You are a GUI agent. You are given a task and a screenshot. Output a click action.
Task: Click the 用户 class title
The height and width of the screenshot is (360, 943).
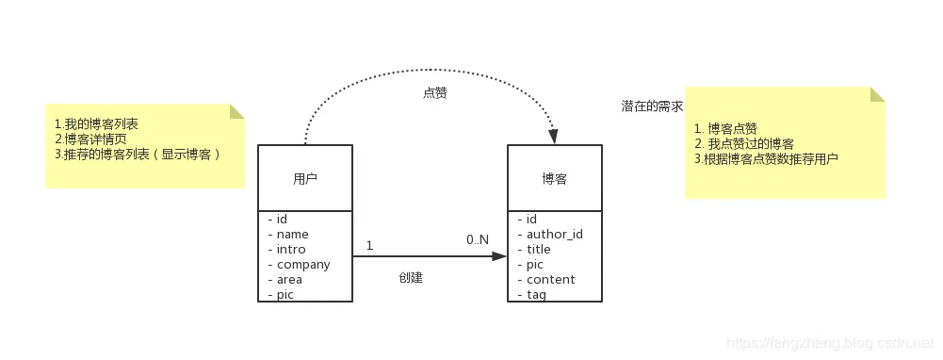pos(304,178)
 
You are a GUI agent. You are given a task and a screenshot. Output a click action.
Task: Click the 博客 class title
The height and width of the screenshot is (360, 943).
pos(554,178)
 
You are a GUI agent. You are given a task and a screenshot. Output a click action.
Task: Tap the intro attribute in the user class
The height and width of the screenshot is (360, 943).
pos(292,250)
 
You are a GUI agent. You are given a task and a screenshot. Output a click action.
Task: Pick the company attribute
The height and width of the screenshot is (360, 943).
pos(302,265)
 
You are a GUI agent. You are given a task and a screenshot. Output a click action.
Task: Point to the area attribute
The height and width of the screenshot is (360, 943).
pos(289,280)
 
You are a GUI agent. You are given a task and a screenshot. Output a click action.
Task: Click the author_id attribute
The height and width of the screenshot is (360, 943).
pos(554,235)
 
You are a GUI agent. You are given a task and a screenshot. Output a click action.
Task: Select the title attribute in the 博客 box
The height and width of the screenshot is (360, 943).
pos(538,250)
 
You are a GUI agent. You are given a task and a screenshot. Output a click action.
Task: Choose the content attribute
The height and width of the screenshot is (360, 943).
pos(550,280)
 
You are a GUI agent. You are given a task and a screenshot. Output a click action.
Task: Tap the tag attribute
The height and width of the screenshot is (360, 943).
pos(535,295)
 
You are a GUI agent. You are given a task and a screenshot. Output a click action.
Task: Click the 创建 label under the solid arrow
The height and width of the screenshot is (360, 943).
pos(411,278)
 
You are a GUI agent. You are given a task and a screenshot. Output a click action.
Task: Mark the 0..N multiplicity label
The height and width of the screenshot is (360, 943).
pos(478,240)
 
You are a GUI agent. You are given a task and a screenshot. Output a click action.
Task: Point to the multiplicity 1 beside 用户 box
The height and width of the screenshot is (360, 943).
pos(369,245)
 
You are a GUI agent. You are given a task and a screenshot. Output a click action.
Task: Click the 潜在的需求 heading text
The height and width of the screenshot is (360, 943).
pos(652,106)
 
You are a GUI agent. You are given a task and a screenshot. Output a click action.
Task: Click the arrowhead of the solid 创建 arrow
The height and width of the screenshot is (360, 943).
pos(499,255)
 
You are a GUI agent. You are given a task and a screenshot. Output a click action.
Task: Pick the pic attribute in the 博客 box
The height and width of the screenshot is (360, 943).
pos(534,265)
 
